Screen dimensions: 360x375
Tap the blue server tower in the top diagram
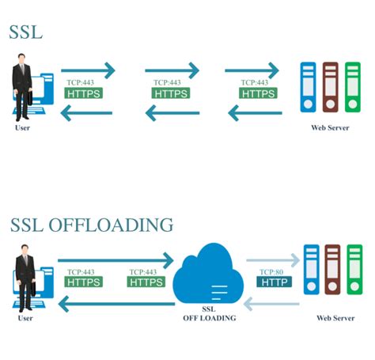click(308, 88)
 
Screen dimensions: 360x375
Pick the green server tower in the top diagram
click(353, 88)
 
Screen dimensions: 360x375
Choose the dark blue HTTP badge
click(275, 281)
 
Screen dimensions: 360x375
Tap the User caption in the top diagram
click(23, 127)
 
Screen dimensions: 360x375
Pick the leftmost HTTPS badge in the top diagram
click(83, 93)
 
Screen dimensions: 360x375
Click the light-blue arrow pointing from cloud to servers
click(273, 260)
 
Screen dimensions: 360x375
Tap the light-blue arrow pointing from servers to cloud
click(273, 302)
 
